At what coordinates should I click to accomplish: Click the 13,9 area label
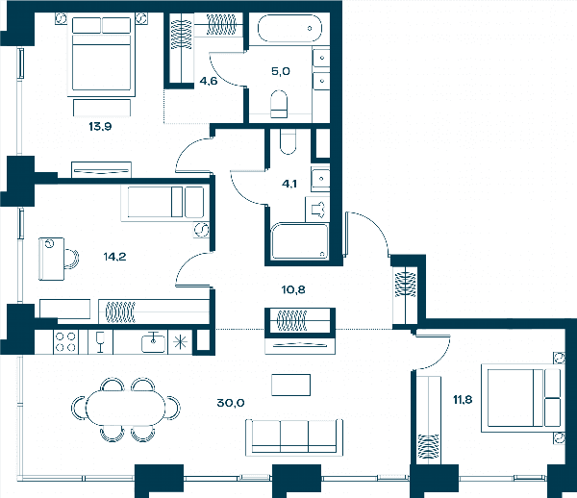(x=100, y=127)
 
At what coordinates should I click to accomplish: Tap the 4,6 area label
(x=209, y=81)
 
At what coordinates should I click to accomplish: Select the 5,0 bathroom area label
(x=281, y=71)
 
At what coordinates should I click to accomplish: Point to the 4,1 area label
(x=289, y=184)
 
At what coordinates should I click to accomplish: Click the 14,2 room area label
(x=114, y=257)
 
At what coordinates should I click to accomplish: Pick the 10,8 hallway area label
(x=293, y=289)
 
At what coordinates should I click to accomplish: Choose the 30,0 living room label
(x=231, y=403)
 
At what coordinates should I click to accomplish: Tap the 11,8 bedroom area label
(x=463, y=399)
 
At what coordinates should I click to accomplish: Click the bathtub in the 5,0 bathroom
(x=289, y=28)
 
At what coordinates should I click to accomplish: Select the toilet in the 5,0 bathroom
(x=279, y=104)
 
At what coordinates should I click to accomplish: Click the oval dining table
(x=126, y=408)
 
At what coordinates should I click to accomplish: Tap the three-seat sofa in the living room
(x=294, y=437)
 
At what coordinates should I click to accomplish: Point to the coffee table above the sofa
(x=290, y=385)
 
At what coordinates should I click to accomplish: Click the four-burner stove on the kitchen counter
(x=65, y=341)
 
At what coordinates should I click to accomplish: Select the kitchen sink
(x=154, y=342)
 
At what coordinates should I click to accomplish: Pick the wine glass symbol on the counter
(x=100, y=342)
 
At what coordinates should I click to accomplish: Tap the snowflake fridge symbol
(x=181, y=342)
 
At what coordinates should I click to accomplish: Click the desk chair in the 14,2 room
(x=72, y=259)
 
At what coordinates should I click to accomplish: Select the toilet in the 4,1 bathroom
(x=288, y=141)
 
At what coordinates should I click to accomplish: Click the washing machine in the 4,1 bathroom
(x=317, y=210)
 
